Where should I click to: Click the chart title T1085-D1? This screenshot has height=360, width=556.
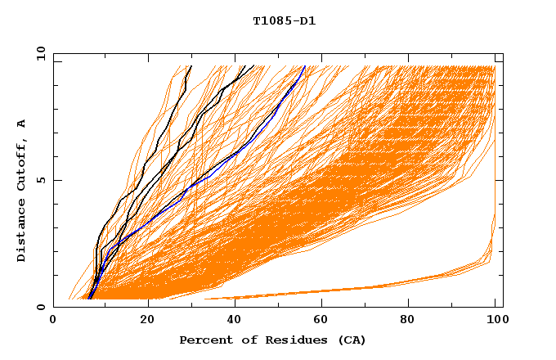point(284,21)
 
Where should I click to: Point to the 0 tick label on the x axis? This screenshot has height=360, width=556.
point(54,322)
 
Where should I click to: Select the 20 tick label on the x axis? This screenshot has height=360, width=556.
point(142,322)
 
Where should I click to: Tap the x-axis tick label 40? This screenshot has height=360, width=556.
point(231,322)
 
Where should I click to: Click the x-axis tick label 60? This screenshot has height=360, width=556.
point(319,322)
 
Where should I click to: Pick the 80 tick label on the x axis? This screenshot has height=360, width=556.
point(407,322)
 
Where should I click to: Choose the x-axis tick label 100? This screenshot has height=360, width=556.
point(493,322)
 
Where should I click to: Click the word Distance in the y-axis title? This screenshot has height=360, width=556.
point(22,233)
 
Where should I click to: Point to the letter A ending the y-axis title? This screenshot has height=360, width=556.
point(22,124)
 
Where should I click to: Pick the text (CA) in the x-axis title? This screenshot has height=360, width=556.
point(349,340)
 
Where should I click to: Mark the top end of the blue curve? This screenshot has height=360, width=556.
point(304,66)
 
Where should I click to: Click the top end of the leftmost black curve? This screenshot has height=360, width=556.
point(191,66)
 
